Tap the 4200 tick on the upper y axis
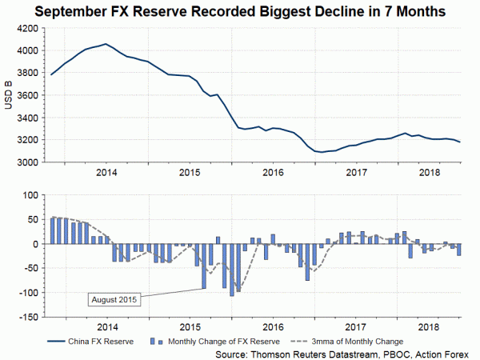27,28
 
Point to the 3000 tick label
27,162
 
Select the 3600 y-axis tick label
27,95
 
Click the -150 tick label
27,317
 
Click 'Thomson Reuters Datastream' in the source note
308,352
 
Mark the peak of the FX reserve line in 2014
106,44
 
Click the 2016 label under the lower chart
273,326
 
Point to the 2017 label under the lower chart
355,326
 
